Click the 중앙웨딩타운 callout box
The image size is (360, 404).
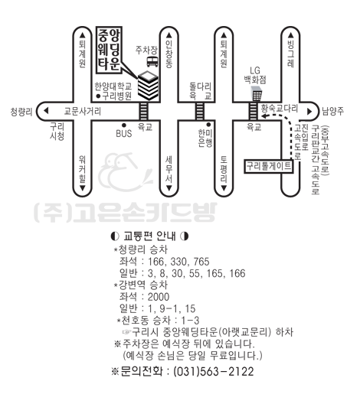(x=109, y=50)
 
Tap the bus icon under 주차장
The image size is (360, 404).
(x=152, y=62)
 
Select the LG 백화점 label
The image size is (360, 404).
(x=255, y=75)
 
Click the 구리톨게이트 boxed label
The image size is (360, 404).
(x=269, y=166)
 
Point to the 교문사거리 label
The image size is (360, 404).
(x=82, y=111)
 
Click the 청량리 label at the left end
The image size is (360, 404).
(x=21, y=112)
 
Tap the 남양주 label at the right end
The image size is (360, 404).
(x=333, y=111)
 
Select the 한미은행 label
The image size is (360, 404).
(x=205, y=138)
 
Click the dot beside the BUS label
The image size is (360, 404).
(x=124, y=125)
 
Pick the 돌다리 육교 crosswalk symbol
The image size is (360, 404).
(x=200, y=111)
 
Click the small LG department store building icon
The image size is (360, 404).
(x=257, y=94)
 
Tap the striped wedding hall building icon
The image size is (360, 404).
(x=148, y=86)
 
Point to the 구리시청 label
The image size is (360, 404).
(x=57, y=131)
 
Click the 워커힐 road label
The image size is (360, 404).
(x=82, y=169)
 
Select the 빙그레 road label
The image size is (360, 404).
(x=290, y=54)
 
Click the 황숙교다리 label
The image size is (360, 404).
(x=280, y=108)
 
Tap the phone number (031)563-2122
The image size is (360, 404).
(x=214, y=371)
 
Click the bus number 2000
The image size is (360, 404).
(x=159, y=297)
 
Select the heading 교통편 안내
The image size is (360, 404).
(x=149, y=236)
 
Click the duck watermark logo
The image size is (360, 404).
(x=125, y=171)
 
